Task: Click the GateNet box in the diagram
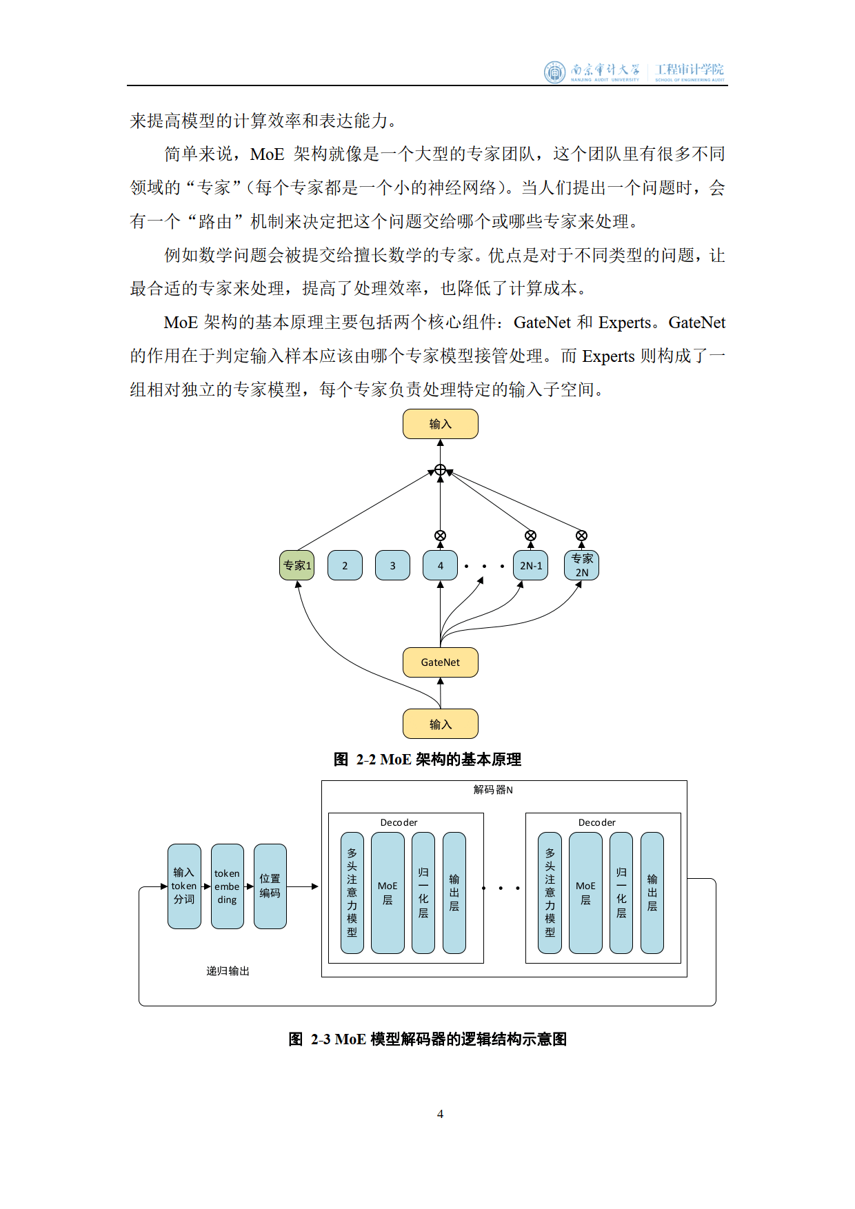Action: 440,662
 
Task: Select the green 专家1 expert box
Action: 297,565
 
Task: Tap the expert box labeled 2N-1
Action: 530,565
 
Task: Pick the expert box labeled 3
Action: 392,565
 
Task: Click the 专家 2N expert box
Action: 581,565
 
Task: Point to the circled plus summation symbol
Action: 440,470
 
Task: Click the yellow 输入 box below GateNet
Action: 440,724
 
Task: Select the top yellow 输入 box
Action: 440,424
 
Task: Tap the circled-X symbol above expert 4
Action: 440,536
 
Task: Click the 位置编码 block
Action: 270,886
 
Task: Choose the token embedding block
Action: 227,886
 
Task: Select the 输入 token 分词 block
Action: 184,886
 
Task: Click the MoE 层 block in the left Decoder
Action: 388,893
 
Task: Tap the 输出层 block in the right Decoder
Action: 652,893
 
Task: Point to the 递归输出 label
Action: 228,971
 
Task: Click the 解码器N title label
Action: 493,789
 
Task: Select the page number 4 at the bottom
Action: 440,1114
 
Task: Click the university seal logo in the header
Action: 554,72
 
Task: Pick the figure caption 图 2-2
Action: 428,760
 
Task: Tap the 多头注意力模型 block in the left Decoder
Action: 352,893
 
